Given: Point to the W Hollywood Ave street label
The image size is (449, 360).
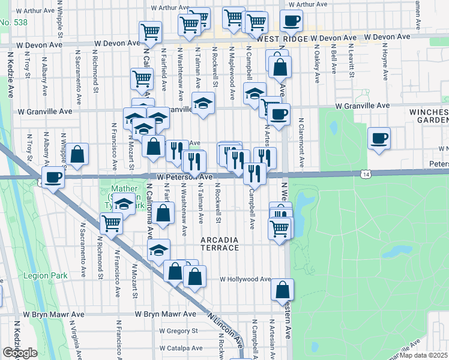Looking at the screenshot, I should pos(245,279).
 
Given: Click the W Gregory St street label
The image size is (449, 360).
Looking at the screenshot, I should pos(178,331).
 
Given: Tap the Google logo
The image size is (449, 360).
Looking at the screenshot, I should pos(20,353).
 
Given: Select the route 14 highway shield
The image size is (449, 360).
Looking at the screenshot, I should pos(366,173).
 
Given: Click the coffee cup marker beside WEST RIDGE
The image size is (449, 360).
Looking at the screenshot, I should pos(291,21).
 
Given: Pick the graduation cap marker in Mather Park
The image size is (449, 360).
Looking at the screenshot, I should pos(124,205).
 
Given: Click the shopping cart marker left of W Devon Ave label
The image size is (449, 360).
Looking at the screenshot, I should pos(149,32).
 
